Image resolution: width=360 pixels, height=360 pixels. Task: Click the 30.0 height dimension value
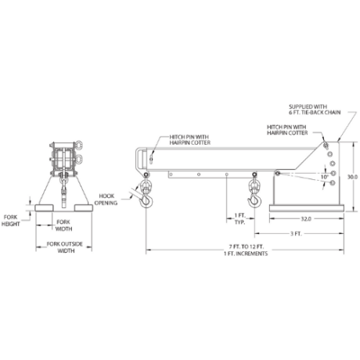click(352, 177)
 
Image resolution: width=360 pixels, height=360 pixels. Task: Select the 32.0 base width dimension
click(306, 219)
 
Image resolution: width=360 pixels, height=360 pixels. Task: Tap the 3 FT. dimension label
click(296, 233)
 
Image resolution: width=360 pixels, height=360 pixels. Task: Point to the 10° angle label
click(325, 177)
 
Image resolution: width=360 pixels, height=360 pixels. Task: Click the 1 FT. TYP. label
click(240, 219)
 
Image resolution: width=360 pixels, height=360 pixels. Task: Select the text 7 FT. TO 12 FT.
click(247, 247)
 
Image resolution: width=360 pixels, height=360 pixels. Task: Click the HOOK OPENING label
click(106, 200)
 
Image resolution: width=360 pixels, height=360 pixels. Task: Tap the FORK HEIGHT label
click(11, 221)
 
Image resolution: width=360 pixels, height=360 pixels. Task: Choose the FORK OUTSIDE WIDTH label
click(65, 247)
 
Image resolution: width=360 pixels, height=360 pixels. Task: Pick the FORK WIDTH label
click(63, 225)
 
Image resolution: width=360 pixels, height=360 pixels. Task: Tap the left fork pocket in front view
click(44, 208)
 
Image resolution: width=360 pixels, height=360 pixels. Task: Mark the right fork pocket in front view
click(84, 208)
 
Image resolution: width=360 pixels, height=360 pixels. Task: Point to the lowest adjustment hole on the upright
click(333, 183)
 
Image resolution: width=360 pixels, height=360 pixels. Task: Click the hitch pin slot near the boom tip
click(151, 158)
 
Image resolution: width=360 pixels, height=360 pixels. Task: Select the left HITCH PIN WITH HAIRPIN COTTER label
click(189, 140)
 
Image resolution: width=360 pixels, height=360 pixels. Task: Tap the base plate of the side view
click(307, 208)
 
